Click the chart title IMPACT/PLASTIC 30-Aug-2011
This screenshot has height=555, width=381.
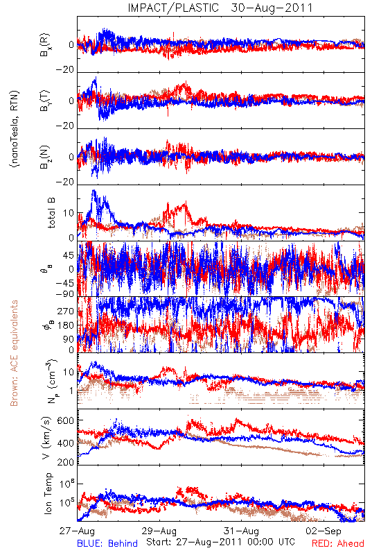coord(220,8)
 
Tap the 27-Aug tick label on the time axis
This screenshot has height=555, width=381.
coord(77,531)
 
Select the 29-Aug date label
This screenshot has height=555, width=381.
coord(159,531)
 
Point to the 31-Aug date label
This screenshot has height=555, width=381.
coord(241,531)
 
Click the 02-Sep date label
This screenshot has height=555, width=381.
coord(324,531)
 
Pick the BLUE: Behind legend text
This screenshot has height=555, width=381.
coord(107,544)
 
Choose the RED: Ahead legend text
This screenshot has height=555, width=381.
coord(338,544)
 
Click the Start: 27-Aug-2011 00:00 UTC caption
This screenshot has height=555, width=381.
coord(220,543)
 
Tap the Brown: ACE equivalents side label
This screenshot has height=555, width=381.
coord(14,353)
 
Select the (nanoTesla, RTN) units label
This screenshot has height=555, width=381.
coord(15,129)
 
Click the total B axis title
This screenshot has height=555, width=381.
coord(51,213)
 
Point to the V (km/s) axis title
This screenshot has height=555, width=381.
coord(46,438)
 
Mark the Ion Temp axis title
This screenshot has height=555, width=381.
coord(48,493)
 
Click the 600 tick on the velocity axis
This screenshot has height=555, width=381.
coord(66,420)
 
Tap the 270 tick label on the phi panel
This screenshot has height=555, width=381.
coord(66,311)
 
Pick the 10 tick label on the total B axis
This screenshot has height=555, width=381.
coord(69,213)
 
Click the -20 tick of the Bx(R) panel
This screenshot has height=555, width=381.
coord(65,70)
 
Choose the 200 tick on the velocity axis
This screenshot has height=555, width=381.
coord(66,462)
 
